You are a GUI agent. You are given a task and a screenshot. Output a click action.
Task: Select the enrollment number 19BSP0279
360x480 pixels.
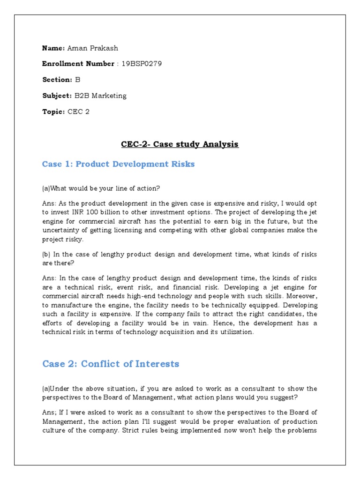point(142,64)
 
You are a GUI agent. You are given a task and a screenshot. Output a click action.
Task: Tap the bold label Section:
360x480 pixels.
point(57,80)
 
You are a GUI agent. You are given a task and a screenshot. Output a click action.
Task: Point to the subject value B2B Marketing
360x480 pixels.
point(100,96)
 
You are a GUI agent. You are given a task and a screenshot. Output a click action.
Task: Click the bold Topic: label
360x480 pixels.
point(53,112)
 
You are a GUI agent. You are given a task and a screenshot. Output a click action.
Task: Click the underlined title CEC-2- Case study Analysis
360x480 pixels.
point(180,144)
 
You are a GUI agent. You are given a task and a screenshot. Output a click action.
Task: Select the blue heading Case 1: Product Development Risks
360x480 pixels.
point(118,164)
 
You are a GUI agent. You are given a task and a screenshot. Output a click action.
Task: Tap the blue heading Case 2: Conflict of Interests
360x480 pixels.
point(111,364)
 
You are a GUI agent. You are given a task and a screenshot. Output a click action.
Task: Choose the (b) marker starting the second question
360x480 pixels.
point(46,254)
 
